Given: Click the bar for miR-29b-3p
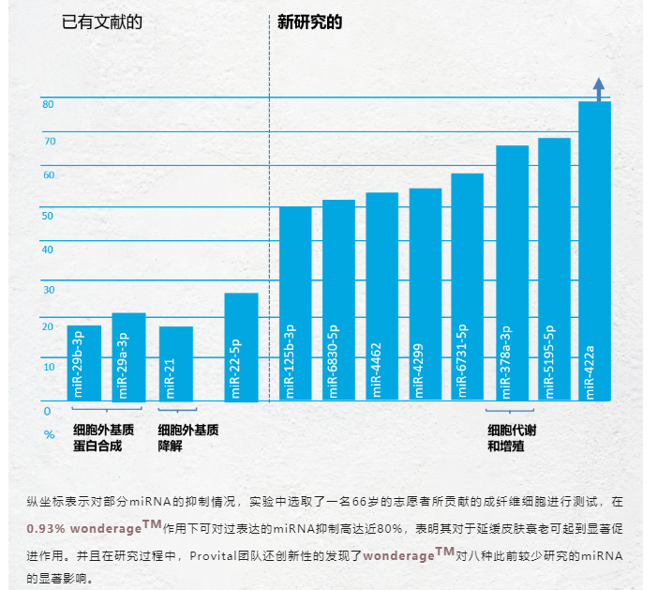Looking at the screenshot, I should click(83, 363).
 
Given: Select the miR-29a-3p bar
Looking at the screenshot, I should click(128, 356).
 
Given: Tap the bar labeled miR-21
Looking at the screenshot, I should click(175, 364).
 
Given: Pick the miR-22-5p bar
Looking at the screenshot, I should click(241, 347).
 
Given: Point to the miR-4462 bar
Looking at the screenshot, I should click(381, 296).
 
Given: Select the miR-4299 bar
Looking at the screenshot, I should click(425, 295).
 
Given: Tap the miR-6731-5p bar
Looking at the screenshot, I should click(467, 287).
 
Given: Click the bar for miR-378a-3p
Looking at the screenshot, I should click(512, 273).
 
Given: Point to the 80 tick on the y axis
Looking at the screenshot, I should click(48, 103).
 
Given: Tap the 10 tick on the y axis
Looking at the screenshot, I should click(48, 366).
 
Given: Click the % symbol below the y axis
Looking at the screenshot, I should click(49, 434).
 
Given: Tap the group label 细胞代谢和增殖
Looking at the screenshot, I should click(513, 438).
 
